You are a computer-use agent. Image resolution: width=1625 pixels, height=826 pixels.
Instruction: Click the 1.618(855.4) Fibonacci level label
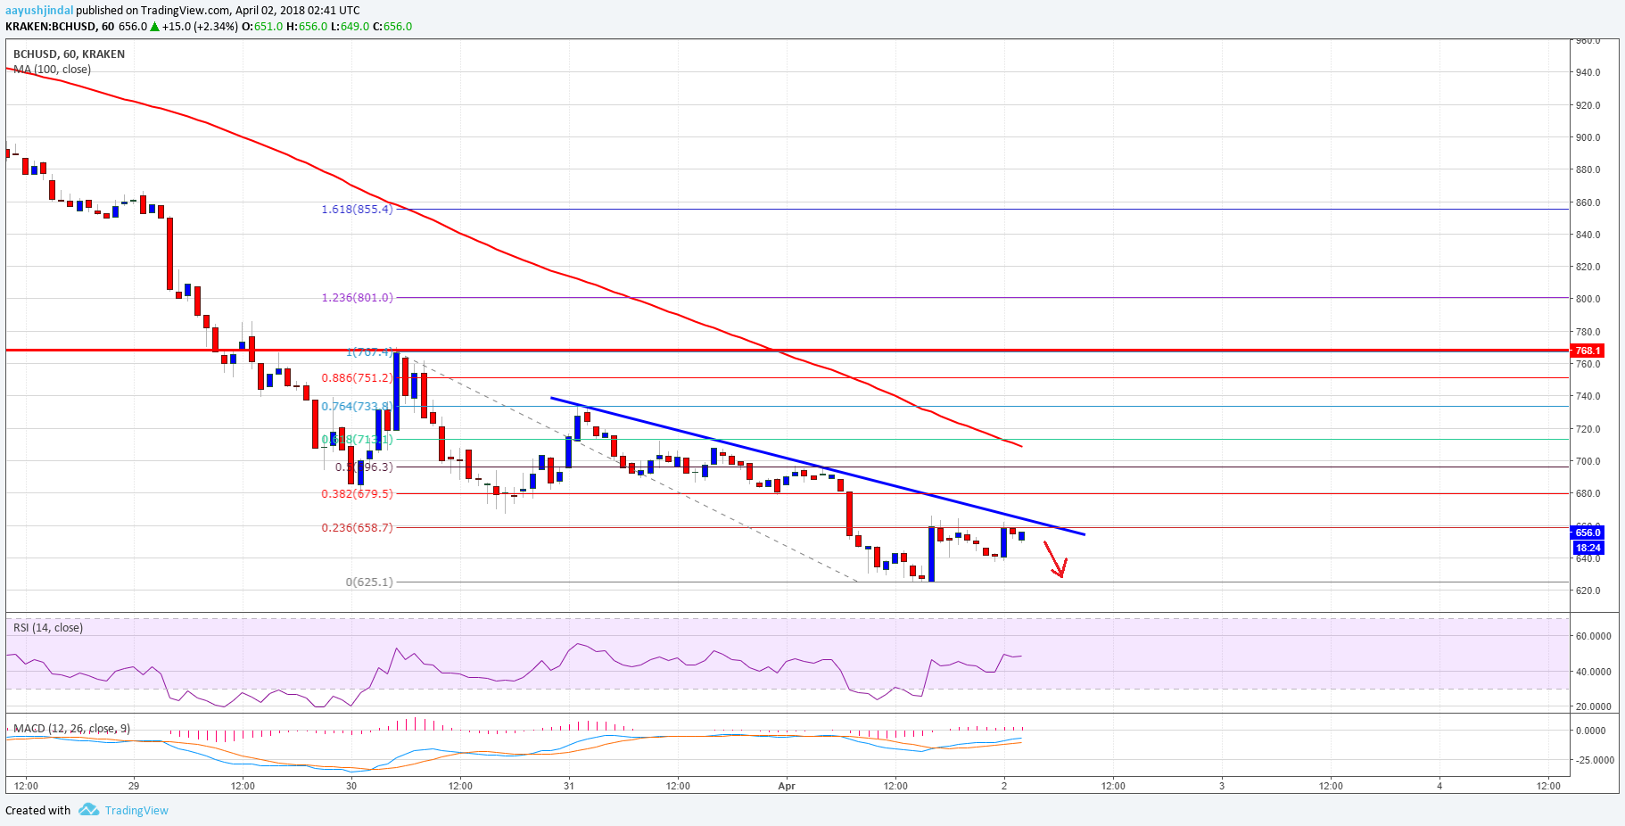click(357, 210)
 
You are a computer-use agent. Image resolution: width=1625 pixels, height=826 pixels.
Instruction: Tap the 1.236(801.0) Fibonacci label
click(357, 298)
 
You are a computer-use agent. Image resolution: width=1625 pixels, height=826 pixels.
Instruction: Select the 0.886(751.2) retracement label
click(357, 378)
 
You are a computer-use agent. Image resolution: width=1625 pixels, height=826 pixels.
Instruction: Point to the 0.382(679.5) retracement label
click(357, 493)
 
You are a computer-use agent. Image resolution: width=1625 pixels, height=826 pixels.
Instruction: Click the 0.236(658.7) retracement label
click(357, 527)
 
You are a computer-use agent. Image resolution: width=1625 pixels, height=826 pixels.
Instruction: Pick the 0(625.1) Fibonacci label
click(369, 582)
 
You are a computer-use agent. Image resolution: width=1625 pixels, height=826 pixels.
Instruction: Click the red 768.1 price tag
click(1588, 351)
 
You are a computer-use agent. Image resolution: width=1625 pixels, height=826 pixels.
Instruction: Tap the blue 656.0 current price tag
click(1588, 533)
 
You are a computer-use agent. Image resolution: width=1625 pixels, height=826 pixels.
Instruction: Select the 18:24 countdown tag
click(1588, 548)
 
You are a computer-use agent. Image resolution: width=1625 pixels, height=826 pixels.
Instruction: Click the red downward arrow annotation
click(1056, 560)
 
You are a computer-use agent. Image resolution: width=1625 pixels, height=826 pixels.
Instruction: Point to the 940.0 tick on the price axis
click(1588, 72)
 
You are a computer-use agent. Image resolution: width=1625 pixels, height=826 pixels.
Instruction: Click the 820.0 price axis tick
click(1588, 267)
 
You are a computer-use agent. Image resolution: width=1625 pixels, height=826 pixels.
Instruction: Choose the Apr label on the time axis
click(786, 786)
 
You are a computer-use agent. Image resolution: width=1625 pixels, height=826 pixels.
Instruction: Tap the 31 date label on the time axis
click(569, 786)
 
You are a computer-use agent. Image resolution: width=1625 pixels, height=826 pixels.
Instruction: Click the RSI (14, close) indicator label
click(48, 628)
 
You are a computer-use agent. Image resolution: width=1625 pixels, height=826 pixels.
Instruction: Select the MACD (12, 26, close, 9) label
click(71, 729)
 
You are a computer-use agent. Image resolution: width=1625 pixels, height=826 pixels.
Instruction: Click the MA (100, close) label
click(52, 70)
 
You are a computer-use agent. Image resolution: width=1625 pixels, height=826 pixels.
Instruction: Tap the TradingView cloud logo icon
click(88, 810)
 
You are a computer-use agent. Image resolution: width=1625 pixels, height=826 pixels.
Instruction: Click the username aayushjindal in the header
click(39, 11)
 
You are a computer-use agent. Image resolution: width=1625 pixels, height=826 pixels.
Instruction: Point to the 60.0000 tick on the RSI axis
click(1593, 636)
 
